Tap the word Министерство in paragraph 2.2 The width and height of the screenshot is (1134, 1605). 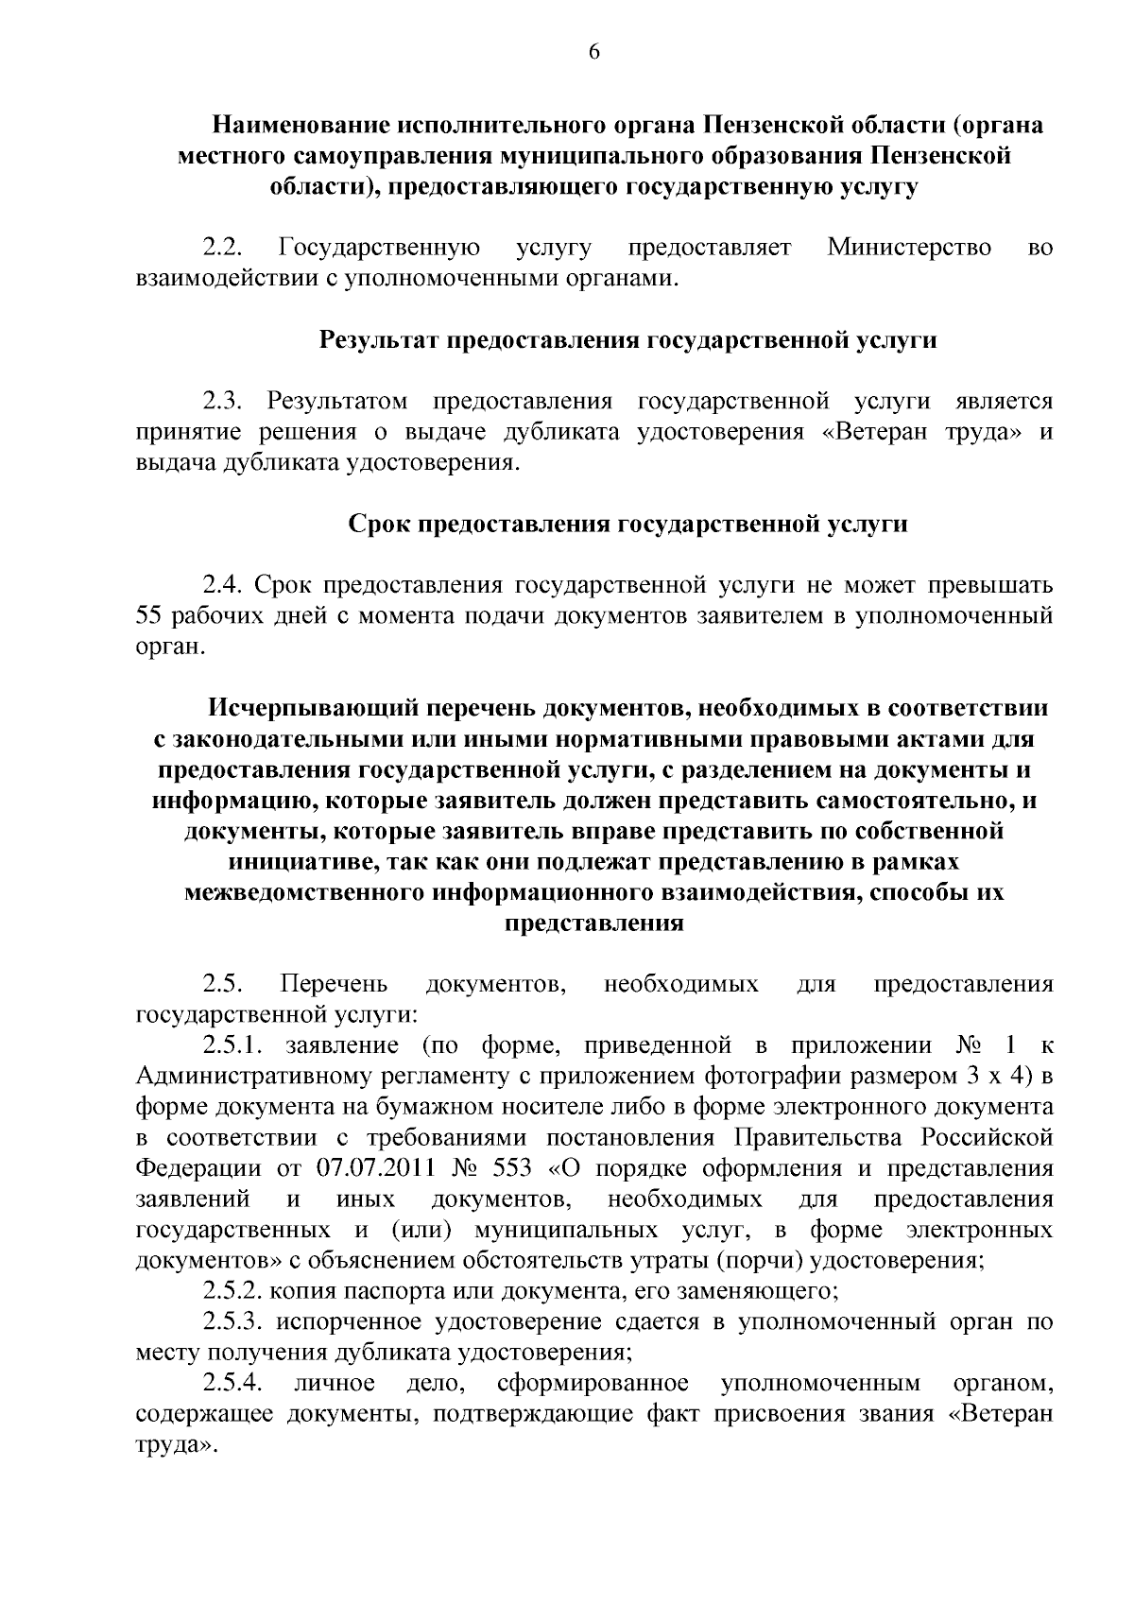(x=909, y=249)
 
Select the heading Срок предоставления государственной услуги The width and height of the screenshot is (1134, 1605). (x=627, y=524)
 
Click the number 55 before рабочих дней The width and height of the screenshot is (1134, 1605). (x=152, y=617)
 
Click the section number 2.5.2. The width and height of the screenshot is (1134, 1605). (x=233, y=1291)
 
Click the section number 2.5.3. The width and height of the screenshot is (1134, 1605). (x=233, y=1322)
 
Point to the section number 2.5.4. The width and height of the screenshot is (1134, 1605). (x=233, y=1385)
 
